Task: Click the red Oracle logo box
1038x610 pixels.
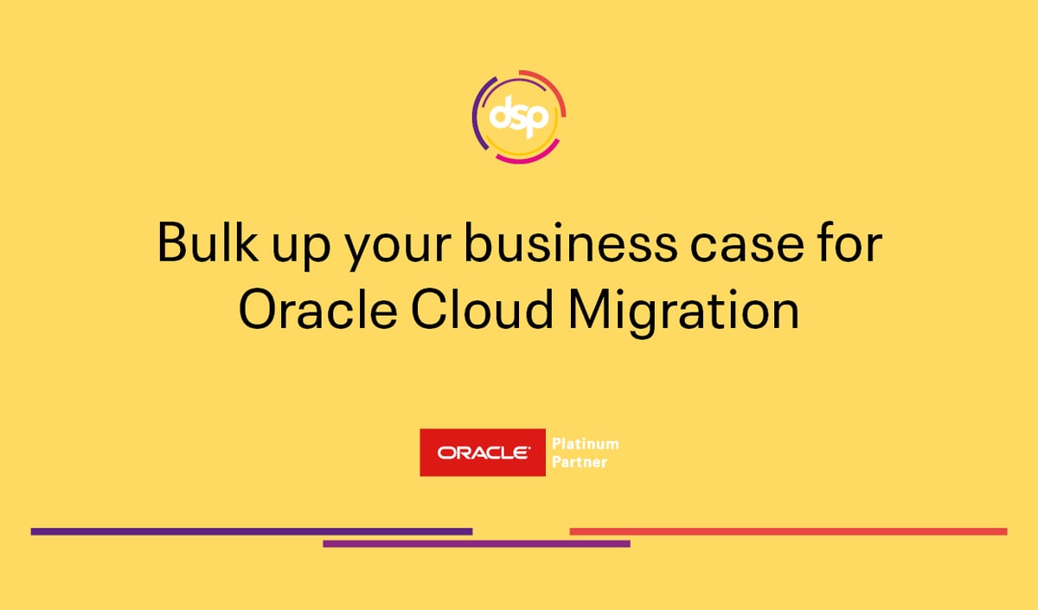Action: [x=483, y=453]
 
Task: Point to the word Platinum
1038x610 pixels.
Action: [x=586, y=444]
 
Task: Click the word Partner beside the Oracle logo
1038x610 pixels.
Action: [x=580, y=462]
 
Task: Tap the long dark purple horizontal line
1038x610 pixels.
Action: [x=251, y=531]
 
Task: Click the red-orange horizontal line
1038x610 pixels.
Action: [x=788, y=531]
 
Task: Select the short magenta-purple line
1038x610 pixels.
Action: [x=476, y=544]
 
